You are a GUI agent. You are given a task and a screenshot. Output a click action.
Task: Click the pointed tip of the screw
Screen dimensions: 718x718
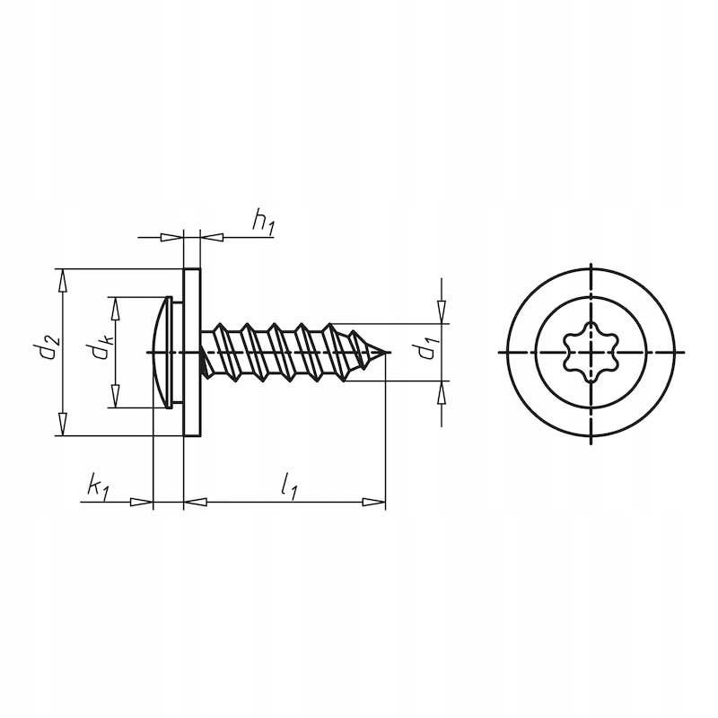tap(389, 353)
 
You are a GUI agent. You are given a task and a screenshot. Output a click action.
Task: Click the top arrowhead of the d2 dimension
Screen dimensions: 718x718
tap(62, 279)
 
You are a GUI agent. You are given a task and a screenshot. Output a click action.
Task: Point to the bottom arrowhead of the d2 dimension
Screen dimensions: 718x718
tap(62, 425)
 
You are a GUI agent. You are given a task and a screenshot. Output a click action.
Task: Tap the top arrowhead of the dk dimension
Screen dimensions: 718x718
tap(115, 307)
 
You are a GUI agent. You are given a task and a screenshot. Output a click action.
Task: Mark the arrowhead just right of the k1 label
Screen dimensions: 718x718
tap(143, 503)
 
